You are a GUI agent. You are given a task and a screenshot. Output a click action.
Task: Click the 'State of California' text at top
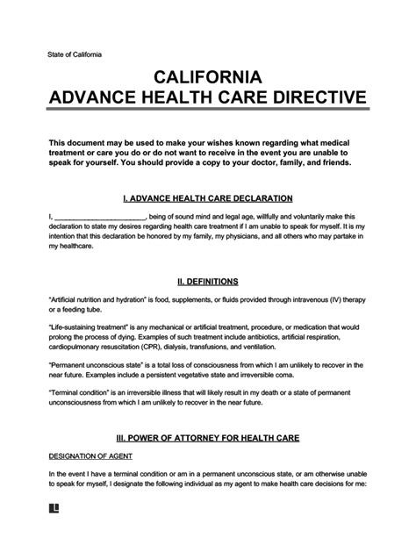(x=75, y=54)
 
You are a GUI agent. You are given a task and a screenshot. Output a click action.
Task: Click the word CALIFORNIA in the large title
(x=207, y=78)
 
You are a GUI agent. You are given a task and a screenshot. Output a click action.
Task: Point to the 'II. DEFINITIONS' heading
(x=207, y=282)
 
